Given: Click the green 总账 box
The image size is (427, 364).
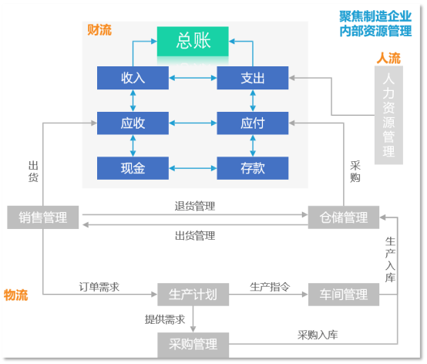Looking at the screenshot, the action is (x=193, y=42).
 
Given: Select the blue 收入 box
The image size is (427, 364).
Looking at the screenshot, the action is (x=133, y=78).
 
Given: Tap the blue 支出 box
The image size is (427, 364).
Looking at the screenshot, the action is (x=253, y=78).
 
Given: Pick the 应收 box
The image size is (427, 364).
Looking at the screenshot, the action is (x=133, y=123).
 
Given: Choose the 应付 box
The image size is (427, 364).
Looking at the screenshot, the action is (x=253, y=123).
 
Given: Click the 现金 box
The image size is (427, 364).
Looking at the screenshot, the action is (x=133, y=168).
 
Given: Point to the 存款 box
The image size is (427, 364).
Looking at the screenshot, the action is (x=253, y=168).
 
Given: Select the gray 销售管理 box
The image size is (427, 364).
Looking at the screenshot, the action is (x=43, y=217).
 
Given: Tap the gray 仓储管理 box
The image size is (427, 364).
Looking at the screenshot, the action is (x=344, y=217).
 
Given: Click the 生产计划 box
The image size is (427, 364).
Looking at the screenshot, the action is (x=193, y=295).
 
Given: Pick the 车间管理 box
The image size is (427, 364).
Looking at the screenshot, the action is (x=344, y=295).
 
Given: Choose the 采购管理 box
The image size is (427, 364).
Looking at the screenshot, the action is (x=193, y=345).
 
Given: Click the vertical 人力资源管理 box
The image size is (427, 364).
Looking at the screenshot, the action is (x=388, y=115).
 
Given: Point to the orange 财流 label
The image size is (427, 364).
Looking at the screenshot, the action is (x=99, y=30).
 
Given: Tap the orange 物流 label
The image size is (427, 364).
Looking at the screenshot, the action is (x=15, y=295).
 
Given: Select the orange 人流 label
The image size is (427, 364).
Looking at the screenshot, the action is (x=388, y=58).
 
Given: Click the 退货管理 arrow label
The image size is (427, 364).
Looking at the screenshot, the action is (x=195, y=206).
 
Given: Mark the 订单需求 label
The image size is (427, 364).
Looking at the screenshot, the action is (x=99, y=287).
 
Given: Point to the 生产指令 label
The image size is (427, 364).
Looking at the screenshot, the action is (x=270, y=287).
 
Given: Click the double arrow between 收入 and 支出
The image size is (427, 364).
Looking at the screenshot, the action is (x=193, y=78).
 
